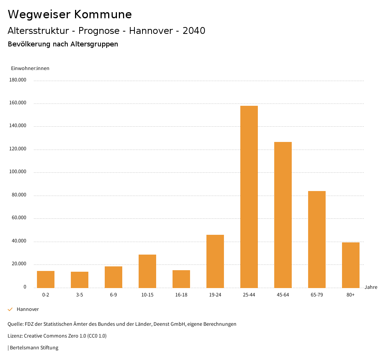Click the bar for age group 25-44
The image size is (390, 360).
[249, 196]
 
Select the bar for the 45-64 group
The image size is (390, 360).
[283, 215]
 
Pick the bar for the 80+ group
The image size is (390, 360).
[351, 265]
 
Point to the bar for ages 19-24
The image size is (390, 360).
[215, 261]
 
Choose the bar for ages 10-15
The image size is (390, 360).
[147, 271]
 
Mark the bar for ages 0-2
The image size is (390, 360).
[46, 279]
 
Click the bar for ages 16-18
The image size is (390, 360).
[181, 279]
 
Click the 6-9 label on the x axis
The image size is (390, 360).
[113, 295]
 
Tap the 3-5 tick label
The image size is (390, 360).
[80, 295]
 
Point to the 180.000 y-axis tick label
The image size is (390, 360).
[18, 80]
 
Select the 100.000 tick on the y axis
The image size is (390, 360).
[18, 172]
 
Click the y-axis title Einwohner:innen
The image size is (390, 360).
[30, 68]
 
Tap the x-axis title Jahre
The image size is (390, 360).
[371, 287]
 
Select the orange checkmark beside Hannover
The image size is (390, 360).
[10, 309]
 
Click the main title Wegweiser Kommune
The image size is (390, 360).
[70, 14]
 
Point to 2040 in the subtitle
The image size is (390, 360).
[194, 31]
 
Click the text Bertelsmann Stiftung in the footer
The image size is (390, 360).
[34, 347]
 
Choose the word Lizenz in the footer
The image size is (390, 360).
[15, 336]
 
